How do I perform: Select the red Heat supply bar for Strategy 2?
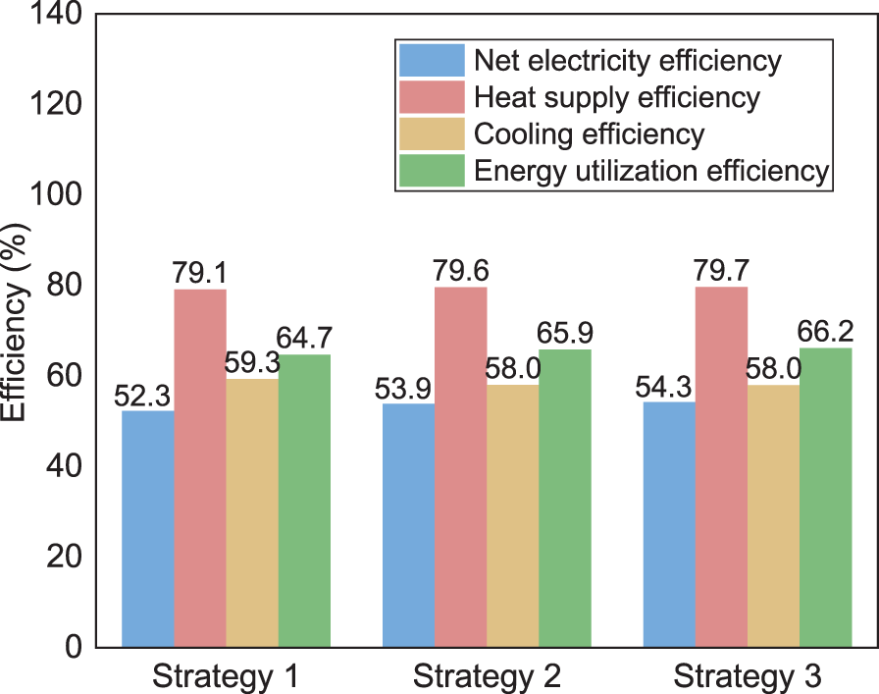point(461,466)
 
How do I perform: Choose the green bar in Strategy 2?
point(566,498)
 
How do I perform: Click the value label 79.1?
point(200,273)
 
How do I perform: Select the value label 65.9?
point(566,333)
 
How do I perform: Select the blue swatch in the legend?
point(432,60)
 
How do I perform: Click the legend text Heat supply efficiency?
point(616,97)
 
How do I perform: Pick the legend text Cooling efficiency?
point(589,133)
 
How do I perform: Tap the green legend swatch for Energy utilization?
point(432,170)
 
